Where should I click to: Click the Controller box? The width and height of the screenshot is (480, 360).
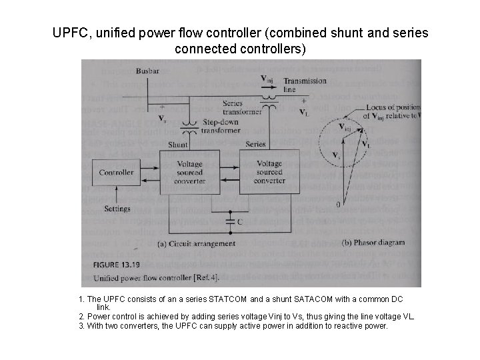[x=116, y=172]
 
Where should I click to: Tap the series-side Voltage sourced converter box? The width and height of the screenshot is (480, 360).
[x=269, y=172]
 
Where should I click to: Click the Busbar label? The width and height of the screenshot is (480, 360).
[x=147, y=71]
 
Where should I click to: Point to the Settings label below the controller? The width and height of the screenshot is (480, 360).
[x=117, y=209]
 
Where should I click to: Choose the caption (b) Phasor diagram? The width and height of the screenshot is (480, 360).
[x=372, y=243]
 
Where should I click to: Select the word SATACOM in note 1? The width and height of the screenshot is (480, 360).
[x=303, y=300]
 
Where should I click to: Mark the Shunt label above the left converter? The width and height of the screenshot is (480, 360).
[x=178, y=145]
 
